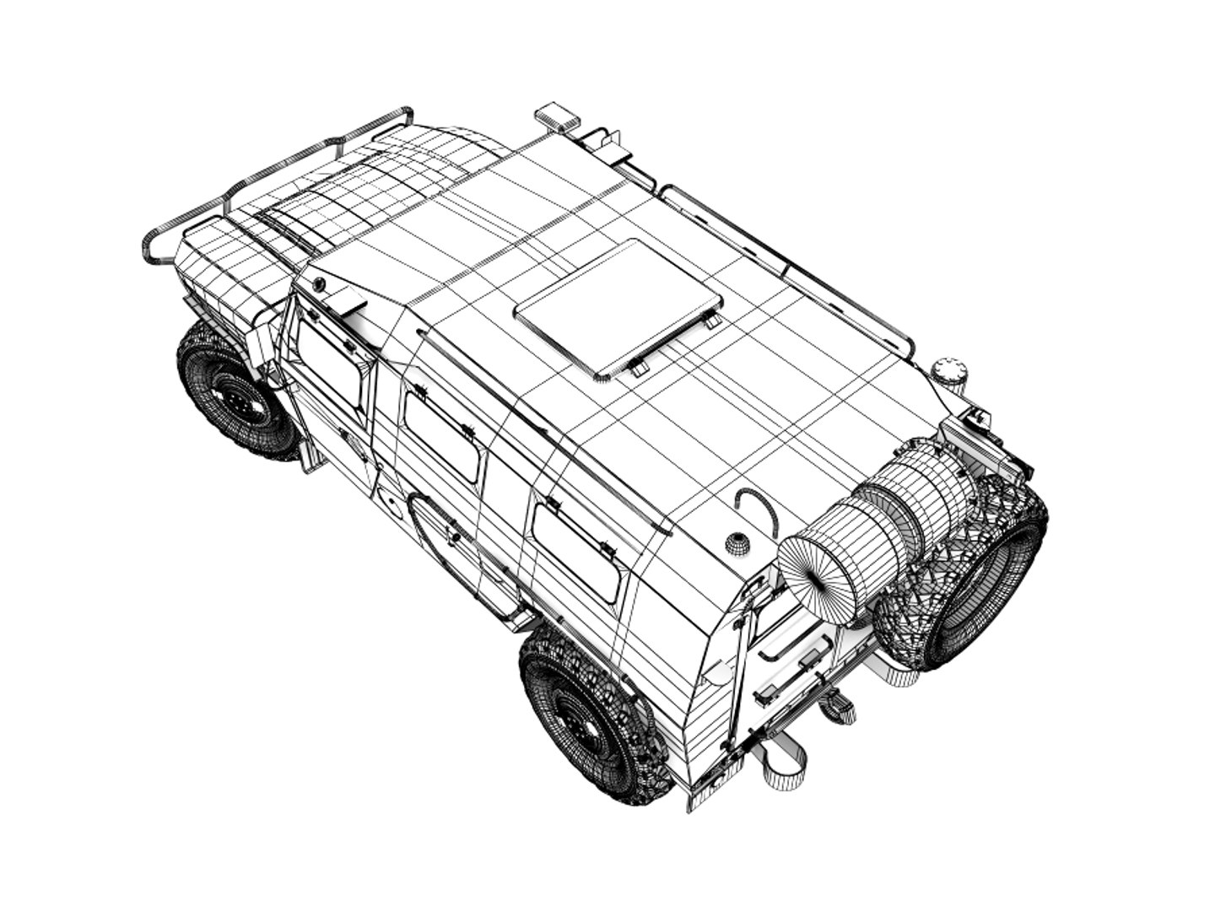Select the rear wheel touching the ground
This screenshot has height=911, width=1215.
tap(586, 717)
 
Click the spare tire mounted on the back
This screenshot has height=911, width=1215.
tap(970, 574)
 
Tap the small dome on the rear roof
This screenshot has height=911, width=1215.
tap(737, 543)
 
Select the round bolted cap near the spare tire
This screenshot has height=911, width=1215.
tap(949, 371)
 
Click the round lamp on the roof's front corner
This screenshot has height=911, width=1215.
tap(319, 285)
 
